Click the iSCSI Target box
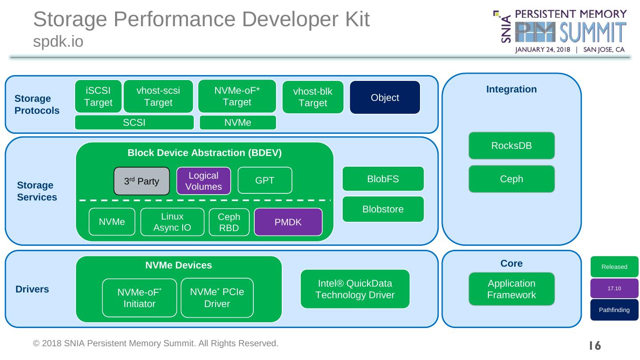coord(98,96)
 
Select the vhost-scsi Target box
coord(158,96)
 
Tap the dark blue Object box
coord(385,97)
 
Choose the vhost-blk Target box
coord(313,97)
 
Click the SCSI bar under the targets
coord(134,123)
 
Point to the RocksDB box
coord(512,146)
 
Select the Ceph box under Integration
coord(512,179)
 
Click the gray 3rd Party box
coord(142,181)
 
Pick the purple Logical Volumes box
coord(204,181)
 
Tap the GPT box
coord(264,180)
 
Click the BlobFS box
coord(383,179)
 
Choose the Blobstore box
coord(383,209)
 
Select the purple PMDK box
coord(288,222)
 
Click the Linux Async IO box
coord(172,222)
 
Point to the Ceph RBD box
coord(229,222)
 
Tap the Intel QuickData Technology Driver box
coord(355,289)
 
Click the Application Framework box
coord(512,289)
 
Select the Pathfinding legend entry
coord(614,310)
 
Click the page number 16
coord(595,345)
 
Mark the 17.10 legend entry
coord(614,288)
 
